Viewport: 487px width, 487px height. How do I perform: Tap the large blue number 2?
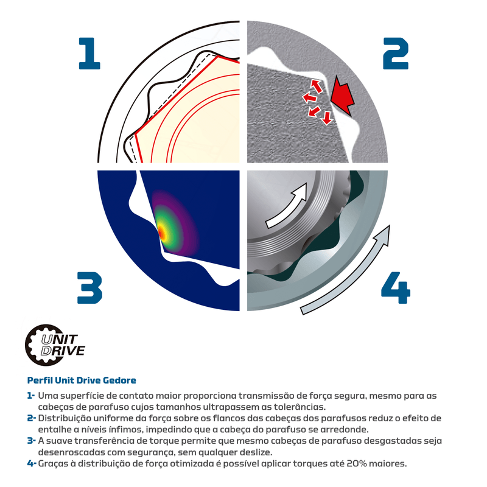395,53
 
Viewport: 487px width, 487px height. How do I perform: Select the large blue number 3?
89,287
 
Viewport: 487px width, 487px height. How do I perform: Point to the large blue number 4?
396,287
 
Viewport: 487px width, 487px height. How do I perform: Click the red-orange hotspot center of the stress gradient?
161,231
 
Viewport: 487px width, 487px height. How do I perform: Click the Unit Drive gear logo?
55,345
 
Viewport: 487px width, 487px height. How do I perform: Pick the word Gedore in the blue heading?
119,380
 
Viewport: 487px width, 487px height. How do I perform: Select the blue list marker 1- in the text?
31,396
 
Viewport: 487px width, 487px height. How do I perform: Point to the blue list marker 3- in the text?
32,441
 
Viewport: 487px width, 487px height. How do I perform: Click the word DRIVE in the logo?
63,351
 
